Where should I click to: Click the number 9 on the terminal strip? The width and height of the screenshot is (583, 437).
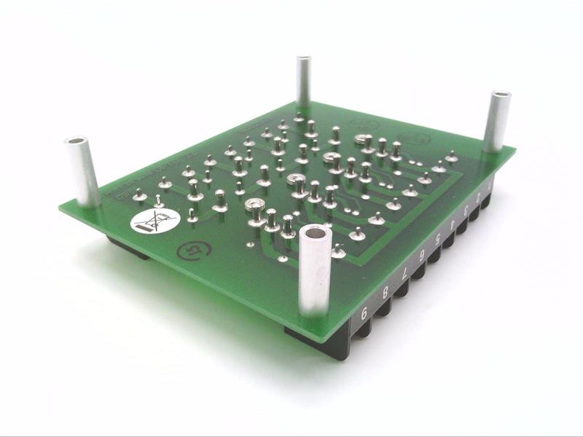tap(364, 314)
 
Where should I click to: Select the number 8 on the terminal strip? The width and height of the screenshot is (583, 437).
tap(386, 293)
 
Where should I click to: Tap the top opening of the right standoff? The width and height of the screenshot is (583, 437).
tap(501, 96)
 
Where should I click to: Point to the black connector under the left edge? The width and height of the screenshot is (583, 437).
tap(128, 248)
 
